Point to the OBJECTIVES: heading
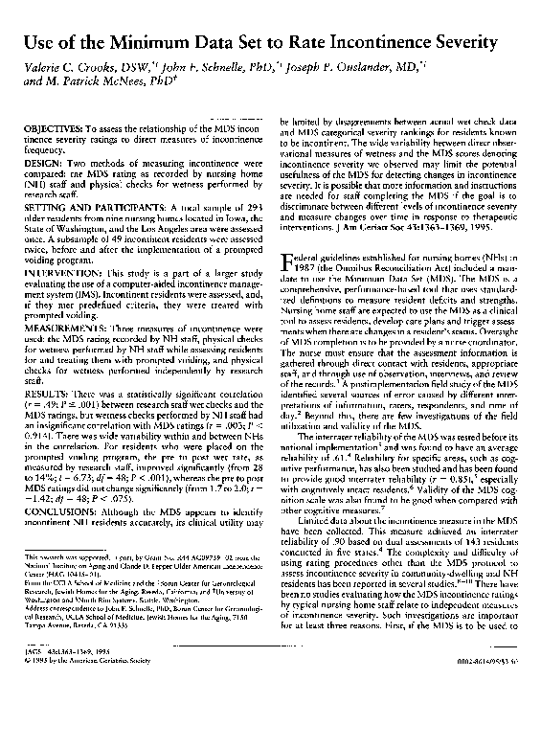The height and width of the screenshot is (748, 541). (x=59, y=129)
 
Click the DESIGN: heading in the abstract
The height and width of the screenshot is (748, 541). (x=47, y=162)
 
